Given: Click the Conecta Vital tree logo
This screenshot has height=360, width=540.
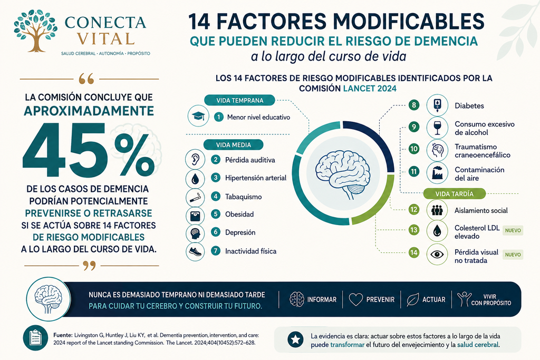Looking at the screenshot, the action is pyautogui.click(x=35, y=31).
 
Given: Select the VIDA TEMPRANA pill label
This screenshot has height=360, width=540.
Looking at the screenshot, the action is pyautogui.click(x=240, y=101).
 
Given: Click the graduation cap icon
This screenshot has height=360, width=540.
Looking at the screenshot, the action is pyautogui.click(x=198, y=116).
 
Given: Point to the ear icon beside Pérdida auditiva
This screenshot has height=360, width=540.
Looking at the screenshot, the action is pyautogui.click(x=195, y=160).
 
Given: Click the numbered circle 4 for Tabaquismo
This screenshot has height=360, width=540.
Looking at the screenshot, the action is pyautogui.click(x=216, y=197).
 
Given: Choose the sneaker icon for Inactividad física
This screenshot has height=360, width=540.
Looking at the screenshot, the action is pyautogui.click(x=195, y=251).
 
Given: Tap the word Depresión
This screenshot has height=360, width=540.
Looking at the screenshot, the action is pyautogui.click(x=240, y=232).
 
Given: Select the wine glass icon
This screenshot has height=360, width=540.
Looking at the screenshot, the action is pyautogui.click(x=437, y=128).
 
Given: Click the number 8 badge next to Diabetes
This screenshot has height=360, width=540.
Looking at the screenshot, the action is pyautogui.click(x=414, y=105).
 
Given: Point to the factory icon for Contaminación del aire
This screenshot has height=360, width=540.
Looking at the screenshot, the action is pyautogui.click(x=437, y=173).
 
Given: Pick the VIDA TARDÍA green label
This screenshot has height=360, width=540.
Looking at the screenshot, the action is pyautogui.click(x=454, y=194).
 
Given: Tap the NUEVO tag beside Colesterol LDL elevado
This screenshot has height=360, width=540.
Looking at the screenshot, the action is pyautogui.click(x=513, y=230).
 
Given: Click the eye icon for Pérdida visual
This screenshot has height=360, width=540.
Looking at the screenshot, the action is pyautogui.click(x=437, y=255).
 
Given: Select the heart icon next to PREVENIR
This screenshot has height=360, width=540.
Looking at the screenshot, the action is pyautogui.click(x=356, y=299).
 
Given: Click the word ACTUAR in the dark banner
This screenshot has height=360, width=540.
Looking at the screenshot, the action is pyautogui.click(x=434, y=300).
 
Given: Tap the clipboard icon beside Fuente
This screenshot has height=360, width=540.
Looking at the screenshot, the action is pyautogui.click(x=35, y=338).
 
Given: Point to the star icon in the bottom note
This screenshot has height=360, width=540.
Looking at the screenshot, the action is pyautogui.click(x=295, y=339).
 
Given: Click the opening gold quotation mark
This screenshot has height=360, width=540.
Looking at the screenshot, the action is pyautogui.click(x=86, y=79).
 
